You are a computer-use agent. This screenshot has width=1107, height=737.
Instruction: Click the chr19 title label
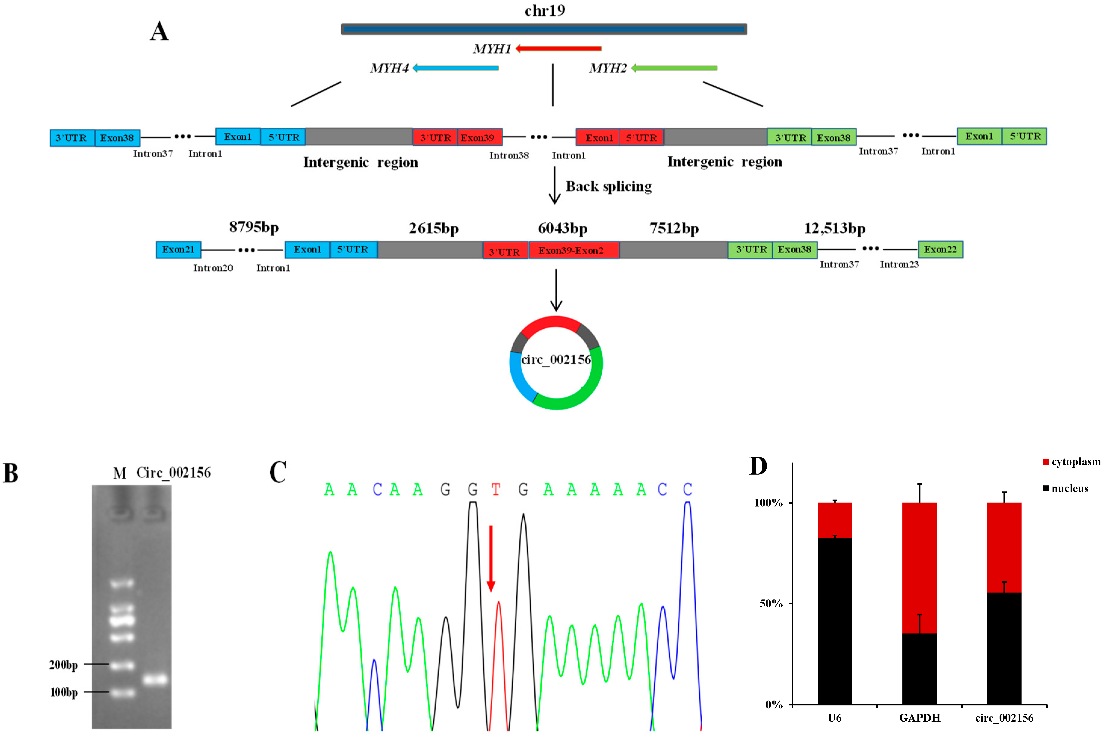545,10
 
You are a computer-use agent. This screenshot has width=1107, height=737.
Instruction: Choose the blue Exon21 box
178,249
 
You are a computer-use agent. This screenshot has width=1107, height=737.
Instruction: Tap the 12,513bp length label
834,228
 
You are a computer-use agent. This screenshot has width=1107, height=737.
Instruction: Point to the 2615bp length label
433,228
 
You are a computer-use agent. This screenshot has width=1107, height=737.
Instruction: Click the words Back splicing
608,187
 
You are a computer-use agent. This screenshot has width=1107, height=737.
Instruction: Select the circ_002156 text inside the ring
556,360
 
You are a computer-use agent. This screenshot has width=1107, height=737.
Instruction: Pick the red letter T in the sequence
496,490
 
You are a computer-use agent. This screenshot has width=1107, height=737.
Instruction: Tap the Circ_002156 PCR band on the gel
155,679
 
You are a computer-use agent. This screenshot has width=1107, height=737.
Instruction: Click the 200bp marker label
63,664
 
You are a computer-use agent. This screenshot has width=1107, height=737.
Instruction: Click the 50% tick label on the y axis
771,603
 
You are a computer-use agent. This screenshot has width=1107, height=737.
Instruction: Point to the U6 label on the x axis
834,718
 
